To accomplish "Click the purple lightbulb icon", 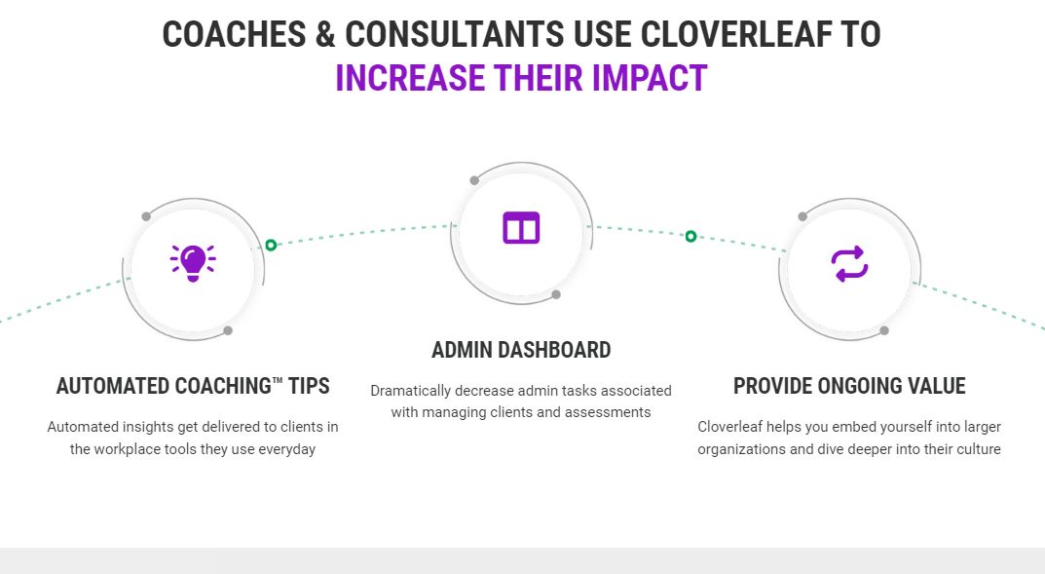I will click(193, 261).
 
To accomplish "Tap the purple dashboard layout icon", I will click(521, 227).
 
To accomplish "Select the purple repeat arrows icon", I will click(849, 264).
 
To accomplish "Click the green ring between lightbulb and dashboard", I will click(271, 245).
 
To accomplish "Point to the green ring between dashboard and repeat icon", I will click(690, 236).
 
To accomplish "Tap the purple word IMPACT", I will click(649, 78).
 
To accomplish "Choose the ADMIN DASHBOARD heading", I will click(521, 350).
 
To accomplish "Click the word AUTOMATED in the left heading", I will click(112, 386).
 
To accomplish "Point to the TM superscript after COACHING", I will click(278, 380).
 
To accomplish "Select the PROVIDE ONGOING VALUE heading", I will click(849, 386).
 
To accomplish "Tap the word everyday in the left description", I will click(287, 449).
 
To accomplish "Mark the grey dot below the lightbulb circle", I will click(228, 330).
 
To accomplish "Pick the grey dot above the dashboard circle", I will click(474, 180).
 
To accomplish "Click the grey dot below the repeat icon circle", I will click(884, 330).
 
